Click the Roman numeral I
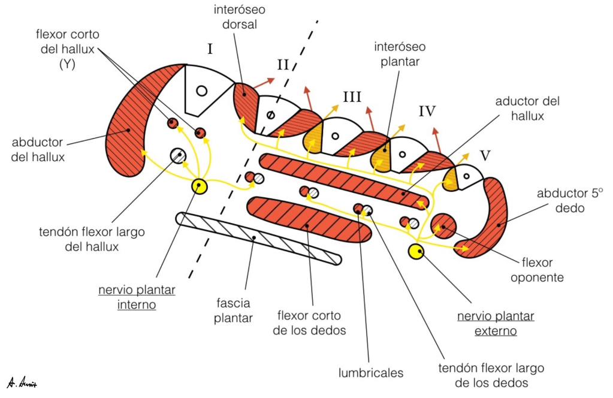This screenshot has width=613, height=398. [x=210, y=49]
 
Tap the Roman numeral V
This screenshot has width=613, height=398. [x=485, y=156]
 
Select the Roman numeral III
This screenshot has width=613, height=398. [x=352, y=96]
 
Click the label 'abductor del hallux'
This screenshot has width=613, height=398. [x=38, y=150]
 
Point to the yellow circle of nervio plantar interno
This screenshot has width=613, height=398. [x=199, y=186]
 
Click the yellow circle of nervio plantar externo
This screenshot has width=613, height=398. [x=415, y=252]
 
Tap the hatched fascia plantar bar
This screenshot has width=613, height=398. [x=258, y=237]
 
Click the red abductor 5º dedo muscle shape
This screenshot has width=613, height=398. [x=488, y=222]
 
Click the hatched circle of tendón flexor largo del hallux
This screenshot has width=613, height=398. [x=178, y=156]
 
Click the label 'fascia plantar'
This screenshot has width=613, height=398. [x=234, y=310]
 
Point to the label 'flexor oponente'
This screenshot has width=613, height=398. [x=542, y=270]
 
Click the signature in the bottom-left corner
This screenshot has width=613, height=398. [x=22, y=382]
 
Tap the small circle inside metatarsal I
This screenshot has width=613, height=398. [x=201, y=91]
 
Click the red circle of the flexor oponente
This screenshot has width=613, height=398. [x=443, y=225]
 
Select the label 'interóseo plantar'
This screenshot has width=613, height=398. [x=396, y=53]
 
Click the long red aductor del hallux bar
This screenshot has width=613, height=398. [x=345, y=179]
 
